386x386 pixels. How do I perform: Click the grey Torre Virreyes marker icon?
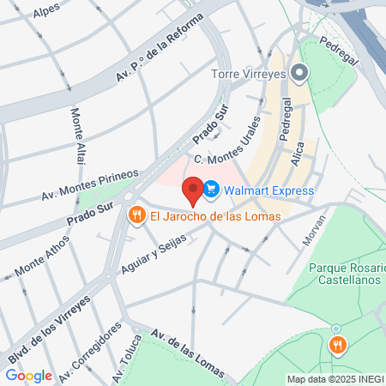(x=299, y=73)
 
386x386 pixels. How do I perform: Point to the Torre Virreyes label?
(x=248, y=74)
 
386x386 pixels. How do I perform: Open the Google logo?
(x=28, y=375)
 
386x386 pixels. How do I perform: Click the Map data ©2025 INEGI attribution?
(x=335, y=379)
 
